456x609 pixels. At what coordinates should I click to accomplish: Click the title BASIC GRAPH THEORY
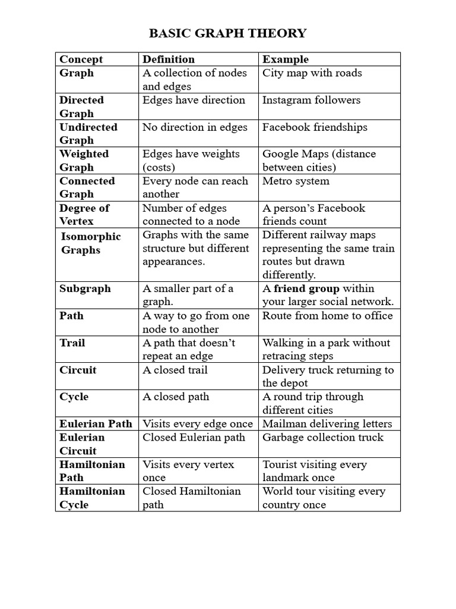point(228,33)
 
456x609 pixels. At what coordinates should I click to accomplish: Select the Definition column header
point(169,59)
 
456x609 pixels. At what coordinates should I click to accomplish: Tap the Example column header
point(286,59)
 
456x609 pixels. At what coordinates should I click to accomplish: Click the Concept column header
point(81,59)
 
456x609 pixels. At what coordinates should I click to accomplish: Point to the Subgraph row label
point(85,288)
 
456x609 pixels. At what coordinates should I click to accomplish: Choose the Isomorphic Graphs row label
point(90,243)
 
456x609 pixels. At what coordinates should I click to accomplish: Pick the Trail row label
point(72,343)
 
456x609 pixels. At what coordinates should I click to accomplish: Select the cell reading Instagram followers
point(311,100)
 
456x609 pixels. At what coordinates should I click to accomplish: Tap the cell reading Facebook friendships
point(315,127)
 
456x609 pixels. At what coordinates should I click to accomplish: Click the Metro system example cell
point(296,181)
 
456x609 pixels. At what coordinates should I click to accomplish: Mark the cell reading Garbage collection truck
point(323,437)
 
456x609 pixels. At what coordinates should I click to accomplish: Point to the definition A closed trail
point(175,370)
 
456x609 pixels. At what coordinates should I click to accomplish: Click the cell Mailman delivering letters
point(327,424)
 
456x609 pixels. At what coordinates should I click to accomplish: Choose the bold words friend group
point(306,288)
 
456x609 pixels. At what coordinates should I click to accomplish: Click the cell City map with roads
point(312,73)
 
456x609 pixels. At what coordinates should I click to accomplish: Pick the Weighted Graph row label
point(84,161)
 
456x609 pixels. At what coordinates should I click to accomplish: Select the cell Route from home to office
point(328,316)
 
